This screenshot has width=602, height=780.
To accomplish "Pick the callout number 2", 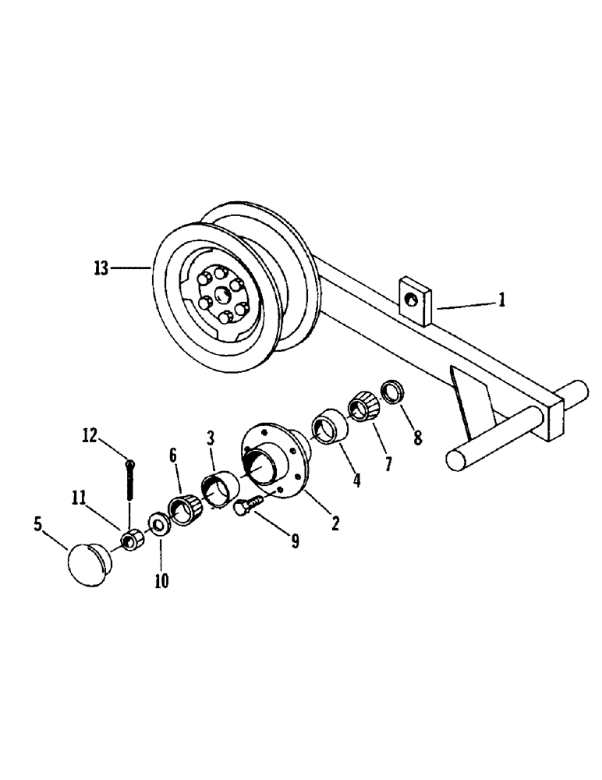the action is click(x=335, y=523).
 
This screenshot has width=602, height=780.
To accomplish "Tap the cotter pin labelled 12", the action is click(x=129, y=484).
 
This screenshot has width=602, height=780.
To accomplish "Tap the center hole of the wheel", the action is click(x=221, y=292).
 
